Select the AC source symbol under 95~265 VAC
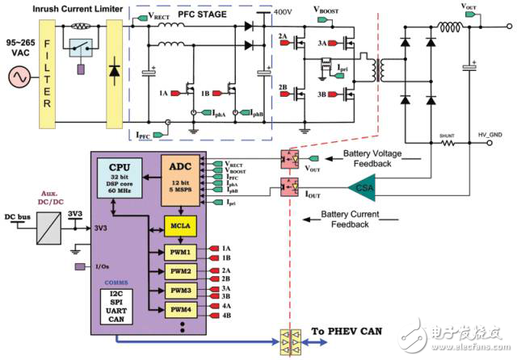point(17,78)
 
